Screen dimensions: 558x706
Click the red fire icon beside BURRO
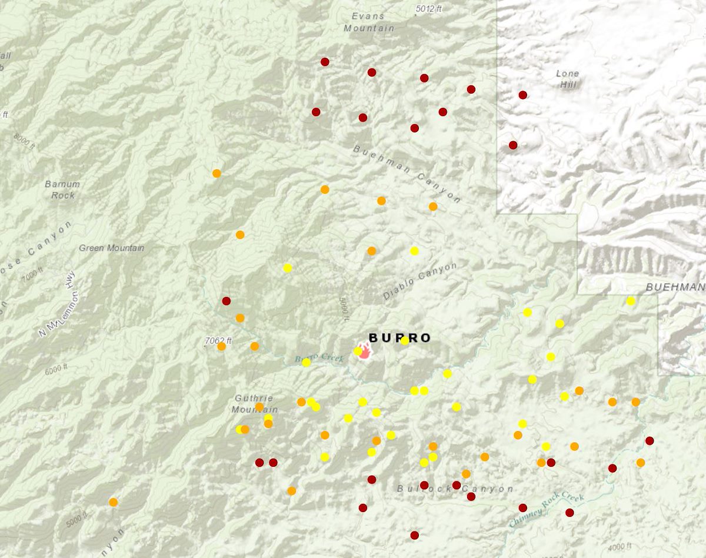(x=365, y=351)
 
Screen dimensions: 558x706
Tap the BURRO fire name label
(x=399, y=338)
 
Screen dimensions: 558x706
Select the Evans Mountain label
(x=369, y=22)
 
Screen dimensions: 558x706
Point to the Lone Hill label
(x=567, y=79)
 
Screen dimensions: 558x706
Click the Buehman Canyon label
(x=407, y=174)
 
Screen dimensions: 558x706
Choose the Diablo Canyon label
(x=420, y=281)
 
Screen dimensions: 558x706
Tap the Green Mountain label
(x=111, y=248)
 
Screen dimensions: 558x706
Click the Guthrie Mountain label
(x=254, y=403)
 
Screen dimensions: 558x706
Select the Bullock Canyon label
(x=455, y=489)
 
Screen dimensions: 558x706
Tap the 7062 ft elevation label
(x=218, y=340)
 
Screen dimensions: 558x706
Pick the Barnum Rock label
(x=62, y=189)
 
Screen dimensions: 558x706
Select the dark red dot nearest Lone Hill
(x=522, y=95)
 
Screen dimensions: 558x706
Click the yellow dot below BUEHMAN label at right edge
(x=631, y=301)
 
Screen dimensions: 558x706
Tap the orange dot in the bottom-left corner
(x=113, y=502)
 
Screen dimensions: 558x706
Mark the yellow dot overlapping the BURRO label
(x=405, y=340)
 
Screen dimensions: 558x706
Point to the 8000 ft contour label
(x=25, y=141)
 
